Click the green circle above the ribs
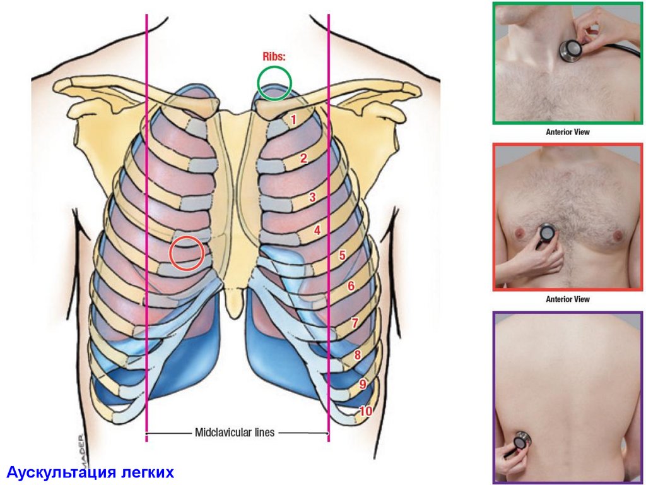click(x=274, y=83)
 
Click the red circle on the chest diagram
click(x=187, y=253)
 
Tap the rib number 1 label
click(x=293, y=118)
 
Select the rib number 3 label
click(x=312, y=198)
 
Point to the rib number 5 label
click(x=342, y=256)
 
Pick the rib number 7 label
click(x=355, y=323)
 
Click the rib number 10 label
click(x=366, y=411)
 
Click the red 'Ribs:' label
click(x=274, y=56)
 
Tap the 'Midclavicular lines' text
click(x=235, y=433)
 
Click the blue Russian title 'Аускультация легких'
click(x=89, y=472)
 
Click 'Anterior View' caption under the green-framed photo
click(x=568, y=133)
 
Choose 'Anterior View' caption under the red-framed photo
click(x=568, y=299)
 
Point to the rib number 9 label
click(x=363, y=383)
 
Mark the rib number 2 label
click(x=303, y=159)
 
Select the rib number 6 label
click(x=351, y=286)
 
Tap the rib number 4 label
click(x=317, y=231)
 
